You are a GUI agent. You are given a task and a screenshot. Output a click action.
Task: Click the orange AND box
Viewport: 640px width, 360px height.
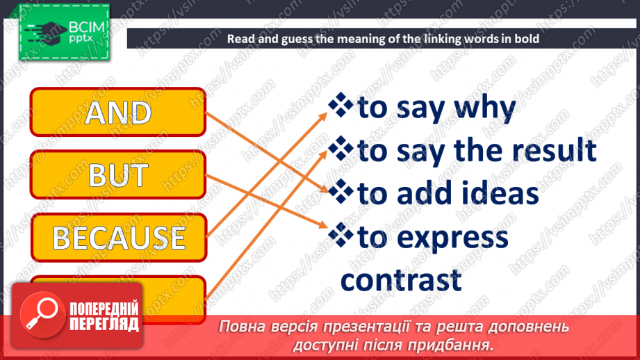[x=118, y=112]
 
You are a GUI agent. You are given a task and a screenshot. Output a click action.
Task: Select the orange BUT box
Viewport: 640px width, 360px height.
[x=118, y=175]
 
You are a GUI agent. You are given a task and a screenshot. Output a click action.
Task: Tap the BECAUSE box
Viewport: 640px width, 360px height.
[x=119, y=238]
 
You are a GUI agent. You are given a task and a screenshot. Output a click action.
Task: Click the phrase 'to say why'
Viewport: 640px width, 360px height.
[x=436, y=108]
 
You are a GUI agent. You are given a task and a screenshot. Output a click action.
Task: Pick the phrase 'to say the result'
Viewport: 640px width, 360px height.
[x=477, y=150]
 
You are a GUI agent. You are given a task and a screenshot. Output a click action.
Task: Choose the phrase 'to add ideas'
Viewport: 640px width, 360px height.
[x=448, y=194]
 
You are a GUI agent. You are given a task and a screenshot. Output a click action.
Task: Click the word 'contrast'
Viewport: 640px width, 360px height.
[x=401, y=279]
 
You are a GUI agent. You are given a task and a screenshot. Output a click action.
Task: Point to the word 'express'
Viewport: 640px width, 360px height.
[x=452, y=238]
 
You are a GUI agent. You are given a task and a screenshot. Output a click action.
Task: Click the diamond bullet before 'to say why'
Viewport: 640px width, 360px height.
[x=340, y=106]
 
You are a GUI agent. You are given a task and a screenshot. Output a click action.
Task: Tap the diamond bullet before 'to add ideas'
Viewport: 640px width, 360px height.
[x=340, y=192]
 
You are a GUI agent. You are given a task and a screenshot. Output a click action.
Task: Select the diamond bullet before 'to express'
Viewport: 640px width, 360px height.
[x=340, y=236]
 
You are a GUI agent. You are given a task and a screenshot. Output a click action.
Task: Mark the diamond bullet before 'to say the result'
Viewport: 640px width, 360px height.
[x=340, y=149]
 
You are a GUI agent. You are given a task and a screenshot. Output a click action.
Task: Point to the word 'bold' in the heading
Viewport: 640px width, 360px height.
[x=526, y=39]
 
